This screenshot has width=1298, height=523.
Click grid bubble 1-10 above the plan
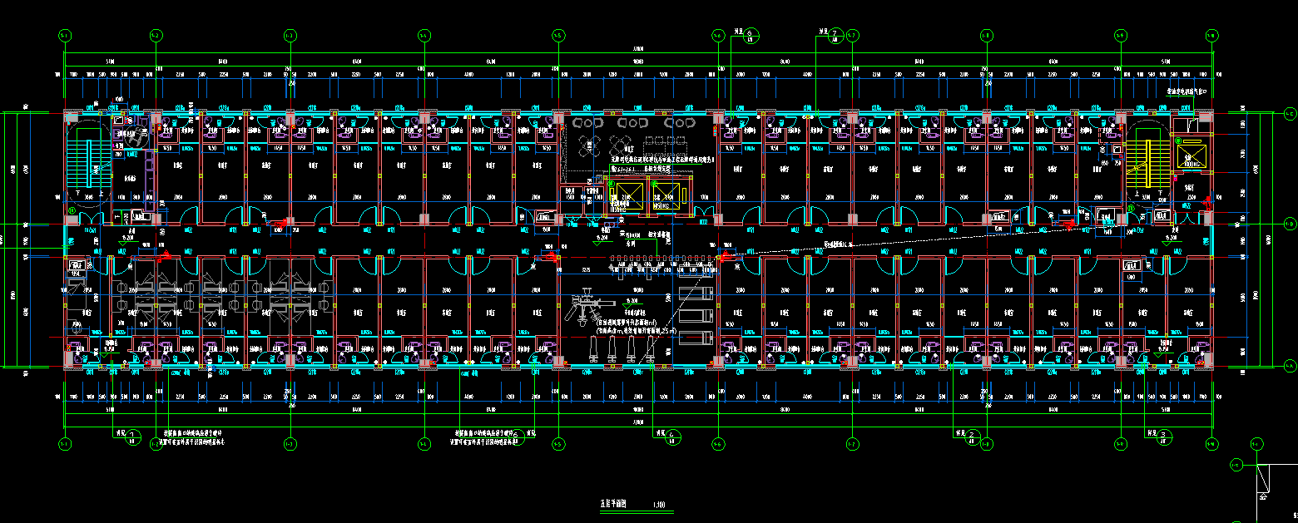1212,36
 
